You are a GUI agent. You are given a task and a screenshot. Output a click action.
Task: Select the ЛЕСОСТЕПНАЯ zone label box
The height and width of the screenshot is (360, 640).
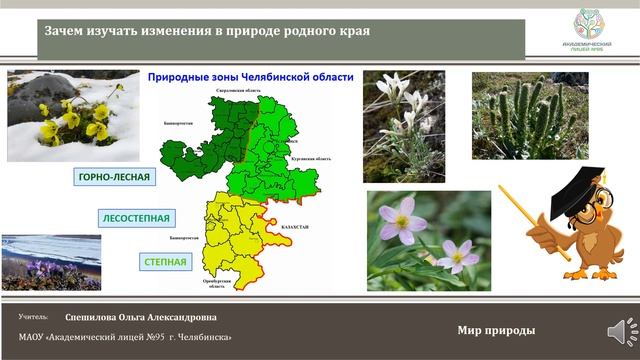pos(135,217)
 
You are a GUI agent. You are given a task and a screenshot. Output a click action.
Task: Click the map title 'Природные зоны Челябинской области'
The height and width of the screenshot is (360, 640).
pos(251,78)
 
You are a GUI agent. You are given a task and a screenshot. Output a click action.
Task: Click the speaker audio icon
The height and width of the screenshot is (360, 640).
pos(614,329)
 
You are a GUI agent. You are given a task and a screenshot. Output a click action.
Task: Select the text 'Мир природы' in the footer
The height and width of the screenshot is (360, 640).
pos(495,331)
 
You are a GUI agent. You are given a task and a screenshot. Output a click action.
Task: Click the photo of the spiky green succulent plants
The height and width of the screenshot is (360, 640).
pos(521,116)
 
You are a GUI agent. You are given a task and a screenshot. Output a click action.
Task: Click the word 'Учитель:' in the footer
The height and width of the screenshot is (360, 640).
pos(33,317)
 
